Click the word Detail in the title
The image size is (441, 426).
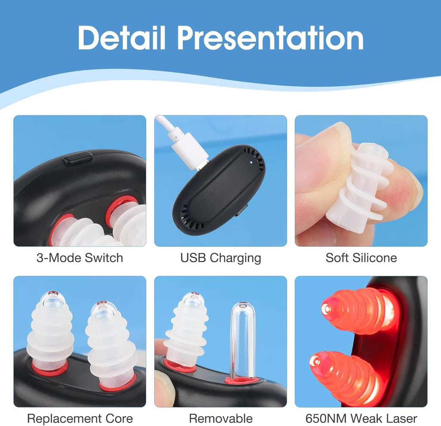coord(121,38)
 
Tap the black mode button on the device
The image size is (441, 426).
coord(78,157)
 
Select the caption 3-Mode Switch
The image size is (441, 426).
coord(80,258)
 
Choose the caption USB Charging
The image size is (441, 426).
coord(220,258)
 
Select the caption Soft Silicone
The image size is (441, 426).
coord(361,258)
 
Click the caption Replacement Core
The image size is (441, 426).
coord(80,419)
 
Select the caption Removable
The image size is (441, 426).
coord(220,419)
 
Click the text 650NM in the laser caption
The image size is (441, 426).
coord(326,419)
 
